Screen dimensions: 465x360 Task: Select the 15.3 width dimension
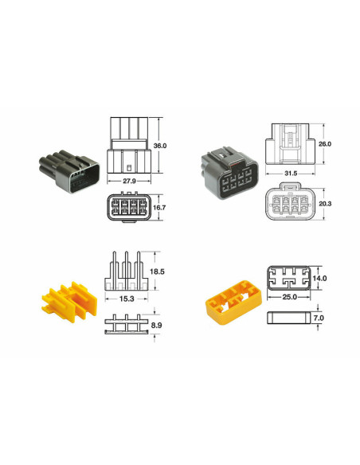(x=126, y=298)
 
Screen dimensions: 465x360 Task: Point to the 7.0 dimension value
(x=319, y=318)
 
